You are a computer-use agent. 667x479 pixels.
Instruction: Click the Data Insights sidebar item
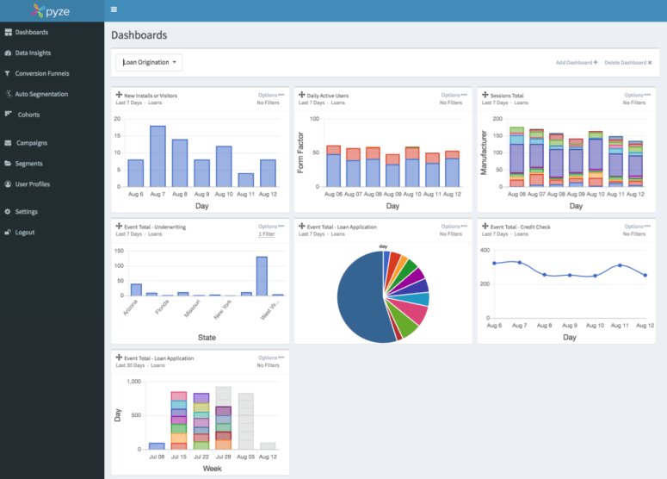coord(33,53)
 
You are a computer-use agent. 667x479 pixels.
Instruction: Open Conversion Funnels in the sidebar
coord(41,73)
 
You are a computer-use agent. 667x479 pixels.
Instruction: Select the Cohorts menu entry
coord(28,115)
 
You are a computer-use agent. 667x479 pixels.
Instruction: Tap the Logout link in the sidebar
coord(24,233)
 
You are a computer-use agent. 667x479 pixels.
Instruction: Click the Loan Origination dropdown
coord(149,62)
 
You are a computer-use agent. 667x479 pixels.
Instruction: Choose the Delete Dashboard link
coord(628,63)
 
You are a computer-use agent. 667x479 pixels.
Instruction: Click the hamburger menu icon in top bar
coord(114,9)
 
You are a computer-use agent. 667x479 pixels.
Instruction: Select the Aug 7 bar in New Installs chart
coord(157,156)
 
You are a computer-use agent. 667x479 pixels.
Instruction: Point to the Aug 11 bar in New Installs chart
coord(245,180)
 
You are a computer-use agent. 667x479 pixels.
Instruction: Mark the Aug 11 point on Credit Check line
coord(621,265)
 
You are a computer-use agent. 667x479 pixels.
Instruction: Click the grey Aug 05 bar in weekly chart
coord(246,421)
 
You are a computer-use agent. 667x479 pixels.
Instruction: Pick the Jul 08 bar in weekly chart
coord(157,446)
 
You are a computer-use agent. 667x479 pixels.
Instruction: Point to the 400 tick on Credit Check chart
coord(485,249)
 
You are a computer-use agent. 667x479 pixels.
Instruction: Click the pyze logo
coord(52,11)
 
